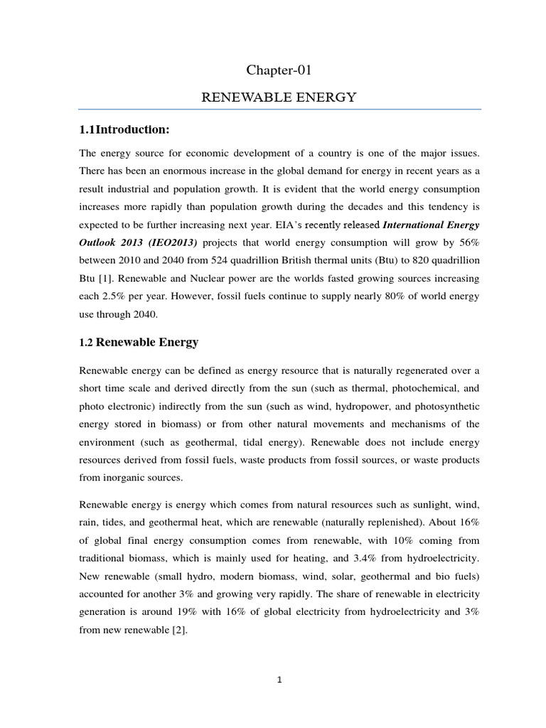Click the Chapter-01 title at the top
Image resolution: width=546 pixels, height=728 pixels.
point(279,70)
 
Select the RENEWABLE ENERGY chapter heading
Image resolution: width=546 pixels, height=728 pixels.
point(279,97)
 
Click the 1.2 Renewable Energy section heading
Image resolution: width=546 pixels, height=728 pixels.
point(138,342)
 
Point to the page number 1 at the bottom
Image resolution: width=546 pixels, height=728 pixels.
point(279,680)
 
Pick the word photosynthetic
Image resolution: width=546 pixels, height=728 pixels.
point(445,406)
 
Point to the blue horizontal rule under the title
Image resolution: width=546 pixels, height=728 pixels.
point(279,109)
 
